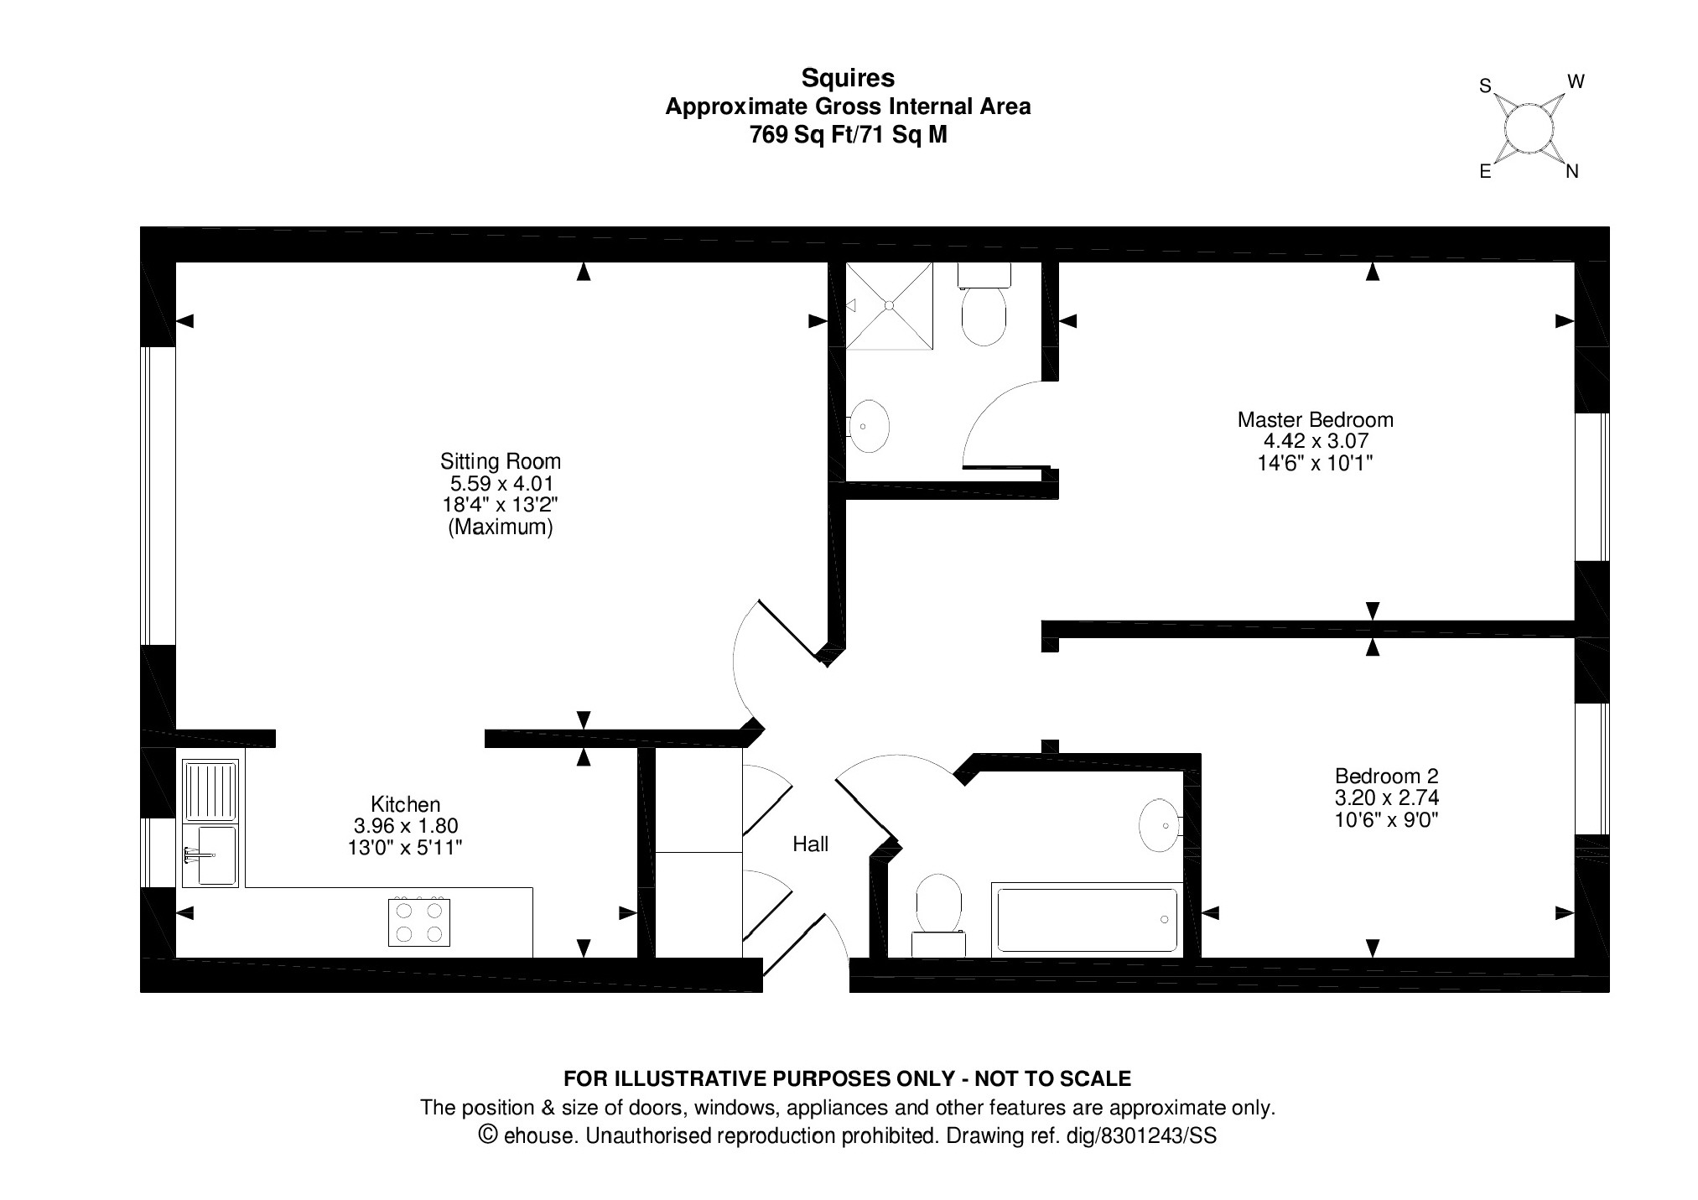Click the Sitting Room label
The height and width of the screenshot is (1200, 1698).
tap(500, 461)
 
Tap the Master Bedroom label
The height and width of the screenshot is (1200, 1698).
tap(1315, 419)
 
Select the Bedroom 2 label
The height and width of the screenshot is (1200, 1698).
tap(1386, 777)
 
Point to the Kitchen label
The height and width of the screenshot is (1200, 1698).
tap(405, 804)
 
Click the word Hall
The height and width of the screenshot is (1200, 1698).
tap(810, 844)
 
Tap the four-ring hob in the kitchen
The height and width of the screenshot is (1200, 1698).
tap(419, 922)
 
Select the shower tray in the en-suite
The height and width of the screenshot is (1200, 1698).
tap(889, 305)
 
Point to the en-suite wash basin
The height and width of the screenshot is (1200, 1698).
tap(869, 426)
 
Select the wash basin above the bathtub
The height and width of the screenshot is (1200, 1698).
tap(1160, 825)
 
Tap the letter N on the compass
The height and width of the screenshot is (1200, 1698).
tap(1571, 172)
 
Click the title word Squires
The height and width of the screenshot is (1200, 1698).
tap(848, 78)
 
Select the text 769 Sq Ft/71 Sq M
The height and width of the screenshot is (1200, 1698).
tap(848, 135)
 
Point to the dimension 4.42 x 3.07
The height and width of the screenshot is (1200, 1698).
tap(1315, 441)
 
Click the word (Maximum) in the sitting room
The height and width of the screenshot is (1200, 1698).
tap(500, 527)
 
